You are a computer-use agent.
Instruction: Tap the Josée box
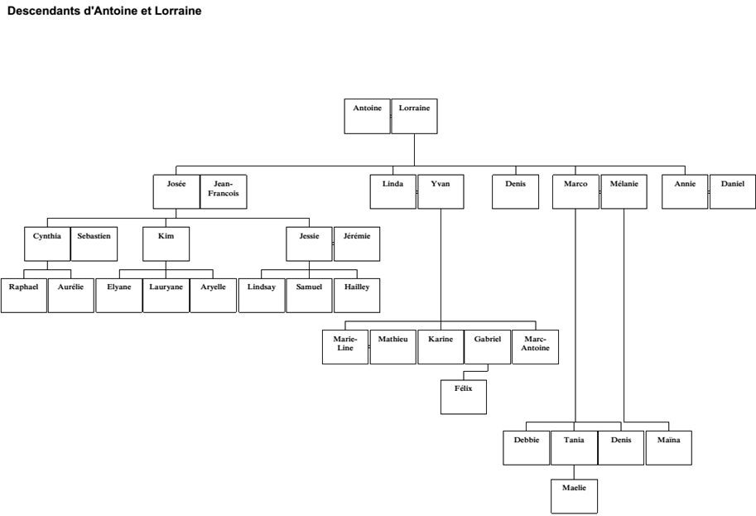click(176, 191)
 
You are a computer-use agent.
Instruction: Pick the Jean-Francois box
click(224, 191)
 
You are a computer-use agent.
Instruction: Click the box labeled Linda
click(393, 191)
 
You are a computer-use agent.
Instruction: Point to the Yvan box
click(441, 191)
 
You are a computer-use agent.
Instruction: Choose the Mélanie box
click(624, 191)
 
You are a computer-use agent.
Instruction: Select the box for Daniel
click(733, 191)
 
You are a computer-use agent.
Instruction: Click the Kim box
click(165, 244)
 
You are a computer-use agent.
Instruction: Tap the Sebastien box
click(94, 244)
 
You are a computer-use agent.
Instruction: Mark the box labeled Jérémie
click(358, 244)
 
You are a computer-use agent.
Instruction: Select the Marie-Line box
click(345, 347)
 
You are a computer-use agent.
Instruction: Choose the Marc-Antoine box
click(536, 347)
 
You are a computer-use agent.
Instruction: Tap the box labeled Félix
click(464, 397)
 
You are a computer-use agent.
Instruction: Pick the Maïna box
click(668, 447)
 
